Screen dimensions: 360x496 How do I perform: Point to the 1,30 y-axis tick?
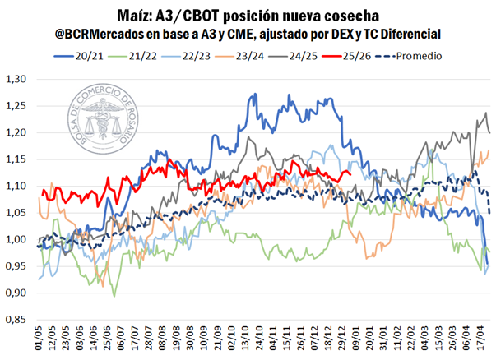(16, 80)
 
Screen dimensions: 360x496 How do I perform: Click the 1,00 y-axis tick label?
(16, 240)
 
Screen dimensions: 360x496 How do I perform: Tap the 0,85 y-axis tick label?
(16, 321)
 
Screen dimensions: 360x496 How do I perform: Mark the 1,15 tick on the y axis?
(16, 160)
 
